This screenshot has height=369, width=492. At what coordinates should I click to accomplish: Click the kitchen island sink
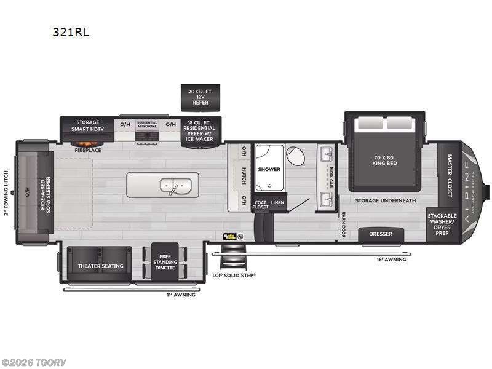pyautogui.click(x=170, y=184)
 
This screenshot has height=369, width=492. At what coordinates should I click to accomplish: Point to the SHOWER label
pyautogui.click(x=269, y=169)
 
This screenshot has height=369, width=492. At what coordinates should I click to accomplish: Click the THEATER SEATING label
pyautogui.click(x=100, y=266)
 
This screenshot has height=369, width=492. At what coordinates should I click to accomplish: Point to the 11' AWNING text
pyautogui.click(x=181, y=295)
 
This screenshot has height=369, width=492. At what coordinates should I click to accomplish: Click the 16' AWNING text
pyautogui.click(x=391, y=260)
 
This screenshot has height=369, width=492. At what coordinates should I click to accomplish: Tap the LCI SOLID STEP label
pyautogui.click(x=234, y=275)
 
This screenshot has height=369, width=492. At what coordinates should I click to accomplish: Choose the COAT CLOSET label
pyautogui.click(x=260, y=205)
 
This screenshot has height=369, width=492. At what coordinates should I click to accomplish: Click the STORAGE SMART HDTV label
pyautogui.click(x=88, y=126)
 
